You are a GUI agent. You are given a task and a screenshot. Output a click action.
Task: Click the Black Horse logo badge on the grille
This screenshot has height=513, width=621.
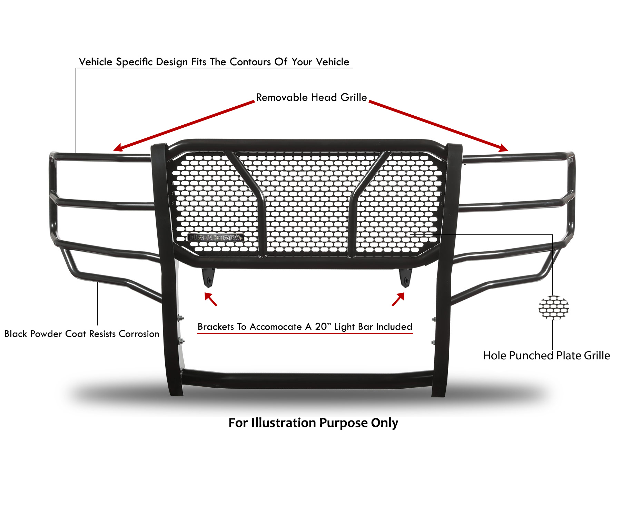pyautogui.click(x=216, y=237)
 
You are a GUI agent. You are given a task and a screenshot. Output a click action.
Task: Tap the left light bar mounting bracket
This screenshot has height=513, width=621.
pyautogui.click(x=208, y=278)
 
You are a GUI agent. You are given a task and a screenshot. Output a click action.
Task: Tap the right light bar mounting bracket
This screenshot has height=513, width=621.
pyautogui.click(x=405, y=278)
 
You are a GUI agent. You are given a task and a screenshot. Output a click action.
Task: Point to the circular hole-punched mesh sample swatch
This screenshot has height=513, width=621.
pyautogui.click(x=553, y=307)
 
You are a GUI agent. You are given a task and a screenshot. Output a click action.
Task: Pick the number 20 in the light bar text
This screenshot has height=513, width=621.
pyautogui.click(x=321, y=327)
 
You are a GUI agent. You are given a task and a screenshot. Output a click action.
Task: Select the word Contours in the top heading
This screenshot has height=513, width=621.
pyautogui.click(x=250, y=62)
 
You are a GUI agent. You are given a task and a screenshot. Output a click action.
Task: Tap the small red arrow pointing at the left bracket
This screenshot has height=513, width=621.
pyautogui.click(x=210, y=299)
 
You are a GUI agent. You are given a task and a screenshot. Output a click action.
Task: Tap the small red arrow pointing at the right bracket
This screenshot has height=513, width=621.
pyautogui.click(x=398, y=299)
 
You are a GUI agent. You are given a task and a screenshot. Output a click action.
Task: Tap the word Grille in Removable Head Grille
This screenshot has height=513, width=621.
pyautogui.click(x=354, y=97)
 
